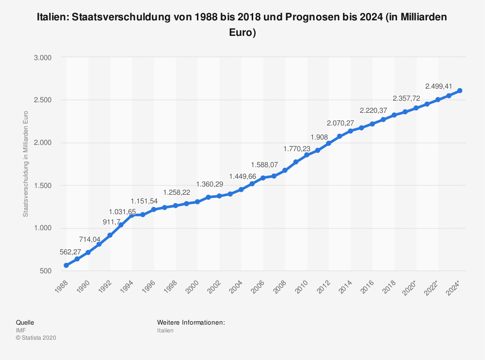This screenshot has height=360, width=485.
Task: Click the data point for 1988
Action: pyautogui.click(x=66, y=266)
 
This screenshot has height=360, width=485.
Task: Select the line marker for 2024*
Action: pyautogui.click(x=459, y=91)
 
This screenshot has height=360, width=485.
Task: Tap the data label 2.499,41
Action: pyautogui.click(x=438, y=87)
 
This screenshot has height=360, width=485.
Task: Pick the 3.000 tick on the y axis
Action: pyautogui.click(x=43, y=57)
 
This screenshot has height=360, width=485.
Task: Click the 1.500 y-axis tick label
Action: pyautogui.click(x=43, y=186)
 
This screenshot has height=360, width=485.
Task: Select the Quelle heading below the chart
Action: pyautogui.click(x=25, y=322)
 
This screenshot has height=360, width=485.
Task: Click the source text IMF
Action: pyautogui.click(x=21, y=330)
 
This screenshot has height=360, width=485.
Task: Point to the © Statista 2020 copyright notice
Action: pyautogui.click(x=36, y=338)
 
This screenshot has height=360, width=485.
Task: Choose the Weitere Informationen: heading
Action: pyautogui.click(x=191, y=322)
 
